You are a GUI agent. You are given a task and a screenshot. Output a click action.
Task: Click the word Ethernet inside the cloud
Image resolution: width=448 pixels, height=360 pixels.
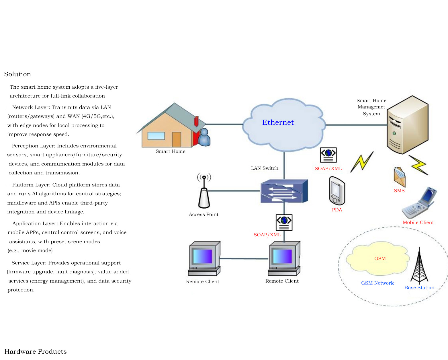tap(278, 122)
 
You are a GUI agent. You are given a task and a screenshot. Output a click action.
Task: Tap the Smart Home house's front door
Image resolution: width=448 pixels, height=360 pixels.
tap(177, 139)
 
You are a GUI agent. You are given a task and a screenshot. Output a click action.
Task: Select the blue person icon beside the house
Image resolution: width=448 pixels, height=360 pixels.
tap(204, 137)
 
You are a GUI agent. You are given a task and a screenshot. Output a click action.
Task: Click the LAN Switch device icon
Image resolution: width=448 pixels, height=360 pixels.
tap(284, 191)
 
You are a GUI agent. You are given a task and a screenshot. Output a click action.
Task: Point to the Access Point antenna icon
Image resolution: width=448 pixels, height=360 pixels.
tap(204, 191)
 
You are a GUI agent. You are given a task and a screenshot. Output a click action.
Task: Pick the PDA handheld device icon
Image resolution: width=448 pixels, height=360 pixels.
tap(337, 191)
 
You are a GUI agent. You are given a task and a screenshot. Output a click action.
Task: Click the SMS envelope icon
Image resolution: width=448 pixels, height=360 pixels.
tap(400, 177)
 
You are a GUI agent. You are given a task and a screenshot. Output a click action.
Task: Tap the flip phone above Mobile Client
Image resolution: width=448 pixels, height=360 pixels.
tap(419, 203)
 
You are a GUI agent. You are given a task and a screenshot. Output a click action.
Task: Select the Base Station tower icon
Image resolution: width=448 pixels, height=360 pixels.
tap(419, 265)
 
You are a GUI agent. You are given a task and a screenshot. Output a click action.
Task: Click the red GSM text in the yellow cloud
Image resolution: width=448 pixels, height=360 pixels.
tap(380, 258)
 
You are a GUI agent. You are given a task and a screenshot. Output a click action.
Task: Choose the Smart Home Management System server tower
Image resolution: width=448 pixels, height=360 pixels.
tap(407, 125)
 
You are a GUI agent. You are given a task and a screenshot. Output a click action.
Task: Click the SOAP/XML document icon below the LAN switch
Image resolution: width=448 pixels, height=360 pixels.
tap(284, 223)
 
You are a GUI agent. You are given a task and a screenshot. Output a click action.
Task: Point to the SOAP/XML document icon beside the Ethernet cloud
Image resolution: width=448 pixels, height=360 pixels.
tap(328, 155)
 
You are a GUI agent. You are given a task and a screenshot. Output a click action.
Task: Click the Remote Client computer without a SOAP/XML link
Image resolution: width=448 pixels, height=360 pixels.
tap(204, 258)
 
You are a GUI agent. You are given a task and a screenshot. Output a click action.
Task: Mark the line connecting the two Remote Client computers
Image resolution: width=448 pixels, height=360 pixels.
tap(244, 258)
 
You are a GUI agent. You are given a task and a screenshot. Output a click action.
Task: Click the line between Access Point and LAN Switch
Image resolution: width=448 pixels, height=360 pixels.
tap(234, 191)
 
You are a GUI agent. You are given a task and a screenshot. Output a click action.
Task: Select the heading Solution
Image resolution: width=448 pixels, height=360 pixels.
tap(17, 74)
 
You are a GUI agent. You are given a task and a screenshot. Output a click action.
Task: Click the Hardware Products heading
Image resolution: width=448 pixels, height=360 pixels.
tap(35, 351)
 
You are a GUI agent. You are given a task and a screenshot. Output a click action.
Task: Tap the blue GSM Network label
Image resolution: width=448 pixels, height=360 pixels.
tap(377, 283)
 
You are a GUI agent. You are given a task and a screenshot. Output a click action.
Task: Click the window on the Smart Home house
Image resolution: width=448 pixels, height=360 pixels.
tap(156, 136)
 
